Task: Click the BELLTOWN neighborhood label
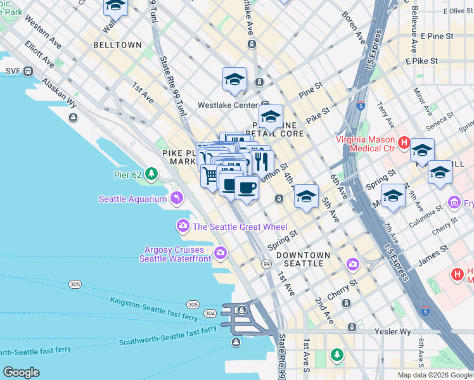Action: pos(117,45)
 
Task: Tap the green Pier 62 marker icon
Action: pos(151,174)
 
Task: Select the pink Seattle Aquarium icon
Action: pos(177,199)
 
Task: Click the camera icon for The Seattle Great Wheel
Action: pos(183,226)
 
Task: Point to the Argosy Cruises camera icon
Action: pos(221,253)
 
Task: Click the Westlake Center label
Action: pos(226,105)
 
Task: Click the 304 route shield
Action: pos(210,313)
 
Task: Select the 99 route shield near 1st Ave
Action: pos(267,263)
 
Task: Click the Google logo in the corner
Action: pos(21,372)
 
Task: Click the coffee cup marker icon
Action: pos(247,187)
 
